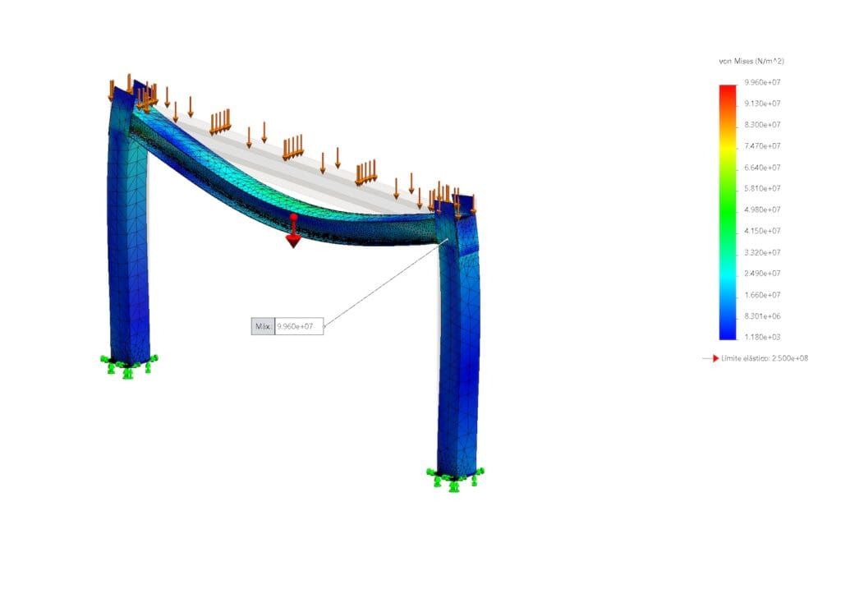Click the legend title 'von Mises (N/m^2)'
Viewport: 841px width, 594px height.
pos(751,61)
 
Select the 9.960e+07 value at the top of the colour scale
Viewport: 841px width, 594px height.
pos(762,82)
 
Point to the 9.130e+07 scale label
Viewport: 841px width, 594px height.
pos(762,103)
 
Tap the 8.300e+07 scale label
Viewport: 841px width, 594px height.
pos(762,125)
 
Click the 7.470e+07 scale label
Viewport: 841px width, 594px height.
pos(762,146)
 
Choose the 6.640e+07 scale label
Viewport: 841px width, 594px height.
pos(762,168)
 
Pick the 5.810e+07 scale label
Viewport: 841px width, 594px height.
pos(762,188)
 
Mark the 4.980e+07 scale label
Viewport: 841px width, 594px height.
pos(762,210)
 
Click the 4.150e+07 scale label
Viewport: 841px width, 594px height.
pos(762,231)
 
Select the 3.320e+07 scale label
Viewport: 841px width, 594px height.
pos(762,252)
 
